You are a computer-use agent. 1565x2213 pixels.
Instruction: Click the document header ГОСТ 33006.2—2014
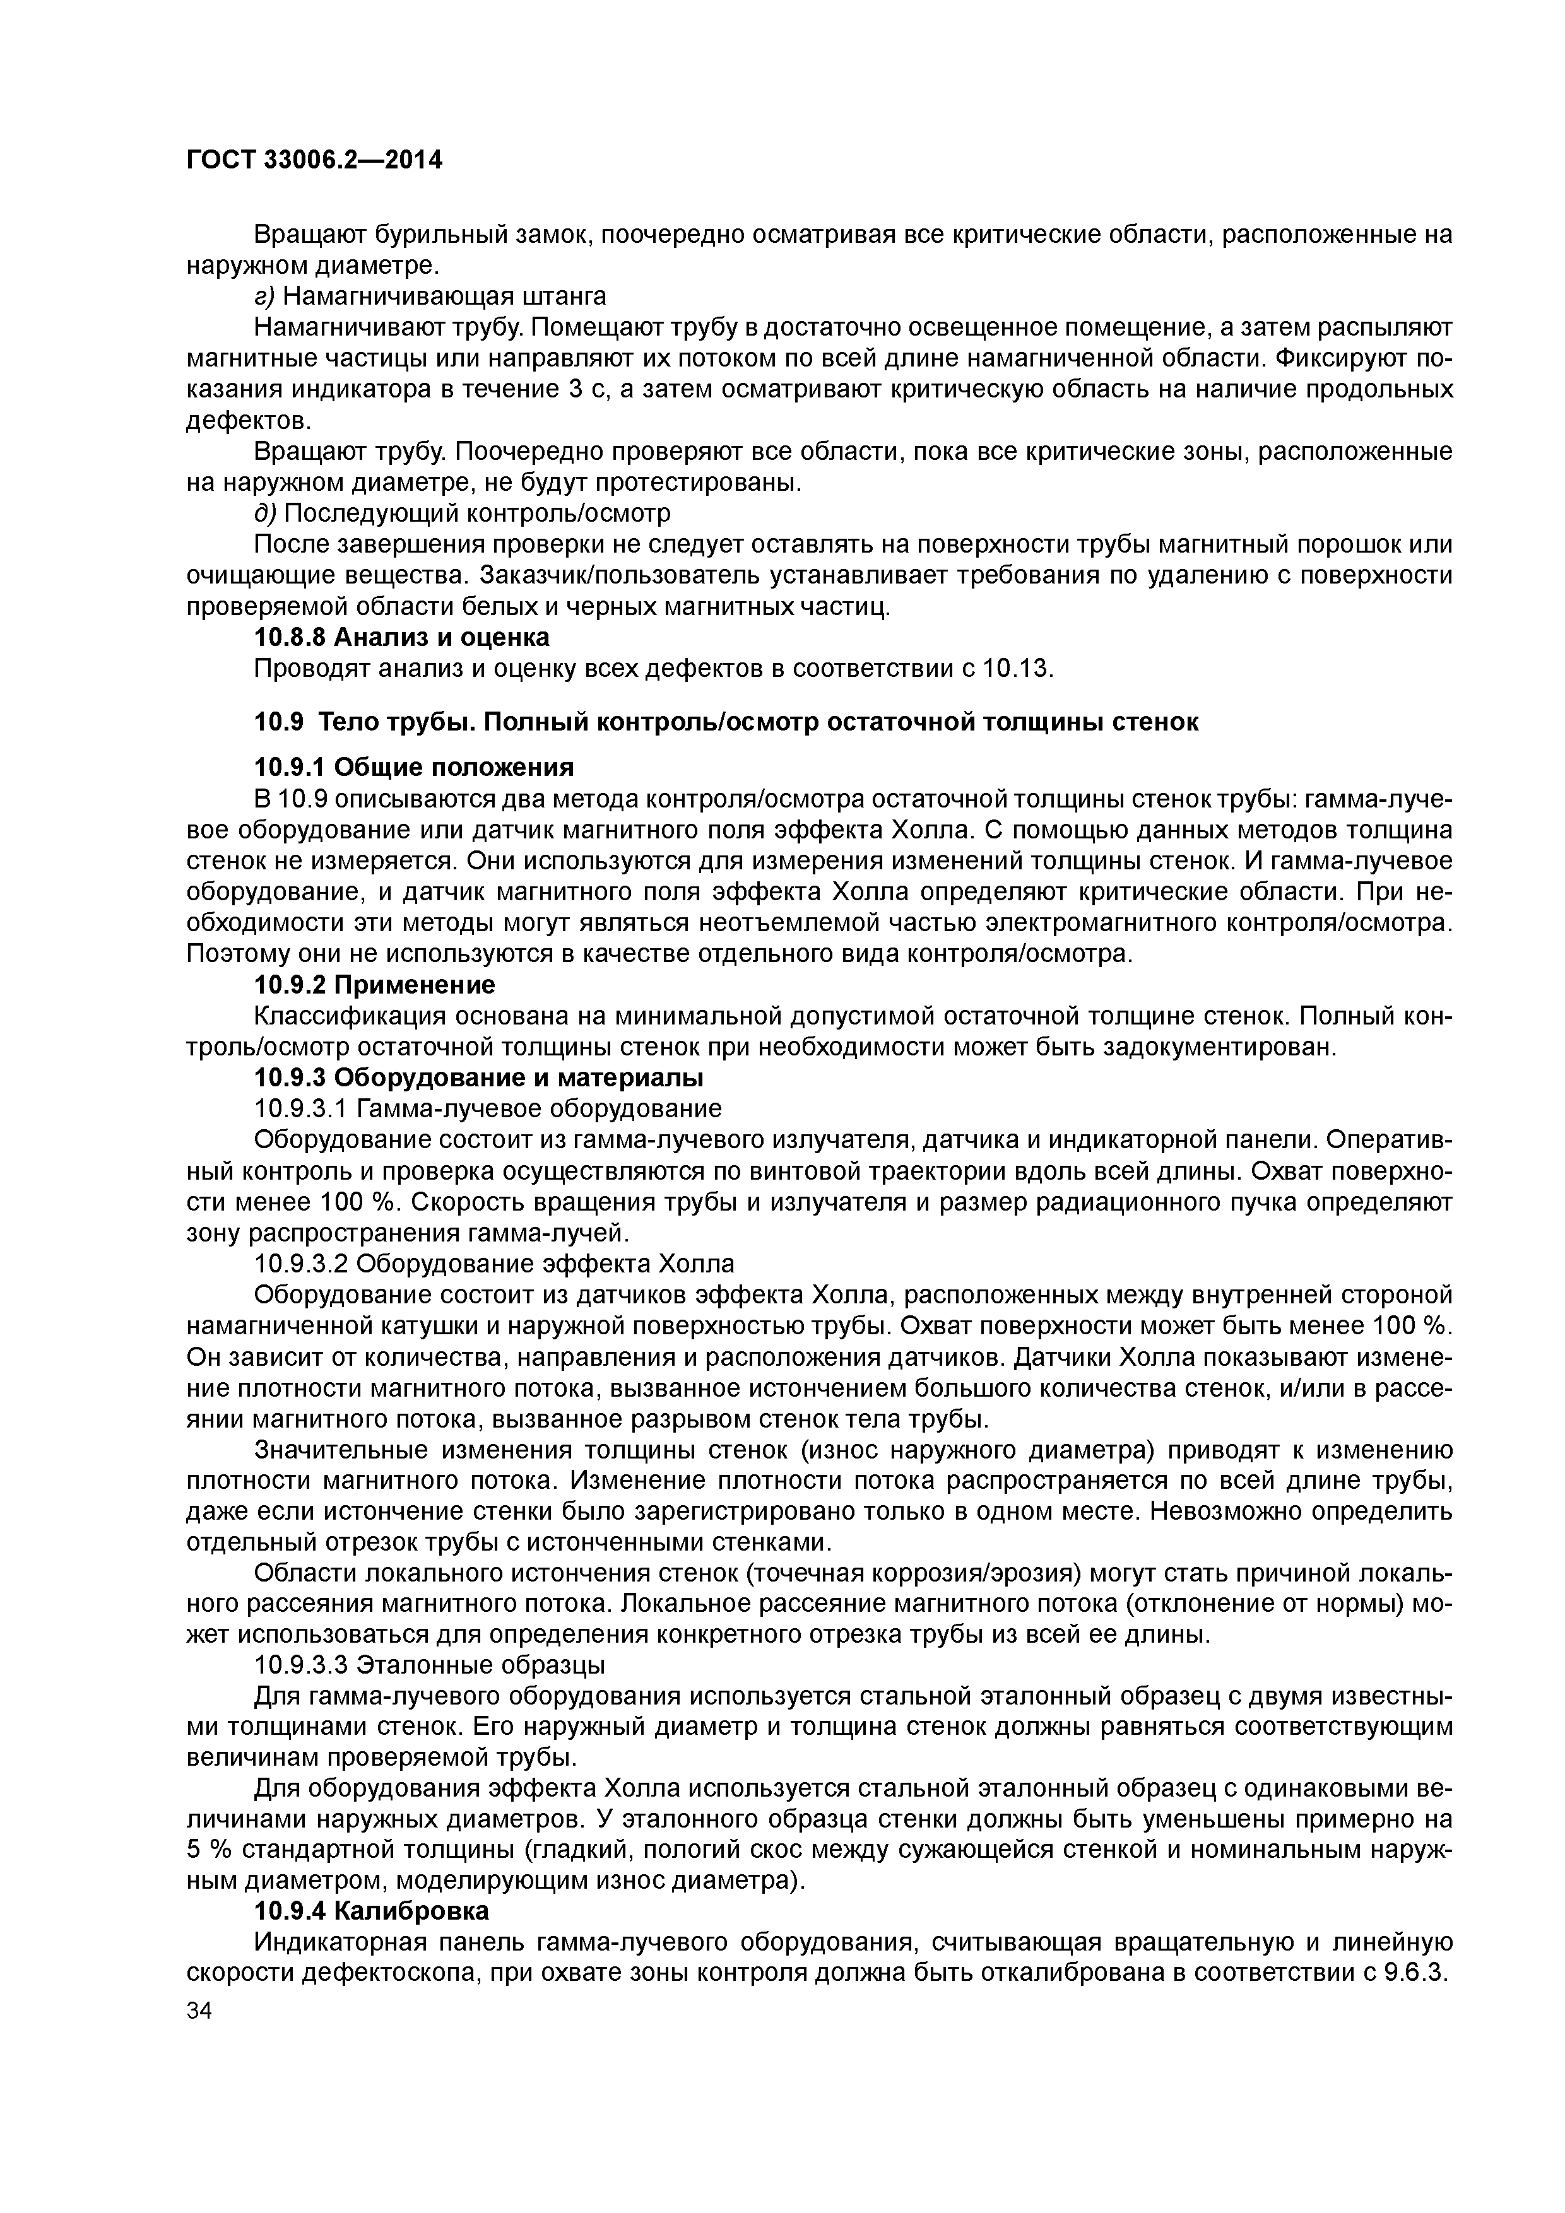click(x=314, y=160)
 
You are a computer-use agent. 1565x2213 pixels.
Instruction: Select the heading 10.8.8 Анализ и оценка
click(x=401, y=637)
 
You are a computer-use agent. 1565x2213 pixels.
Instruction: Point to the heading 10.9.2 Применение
click(x=374, y=985)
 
